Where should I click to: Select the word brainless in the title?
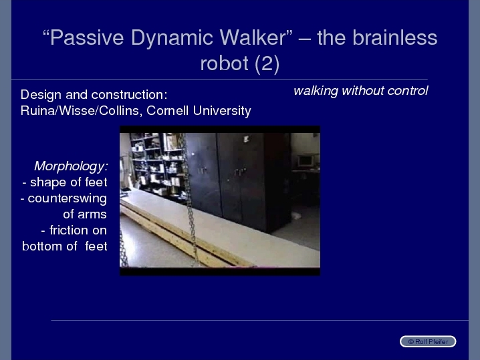coord(394,37)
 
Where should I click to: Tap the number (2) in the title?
coord(267,63)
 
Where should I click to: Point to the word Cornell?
coord(167,110)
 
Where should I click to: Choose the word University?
coord(222,111)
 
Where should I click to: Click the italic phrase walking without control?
coord(360,91)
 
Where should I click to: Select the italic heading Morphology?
coord(71,166)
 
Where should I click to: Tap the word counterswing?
coord(68,198)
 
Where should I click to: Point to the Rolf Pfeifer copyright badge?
coord(428,341)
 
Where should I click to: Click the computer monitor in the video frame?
coord(306,160)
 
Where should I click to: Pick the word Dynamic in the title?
coord(172,38)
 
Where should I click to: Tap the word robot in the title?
coord(224,63)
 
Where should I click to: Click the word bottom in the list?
coord(42,246)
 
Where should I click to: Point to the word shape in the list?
coord(48,182)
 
